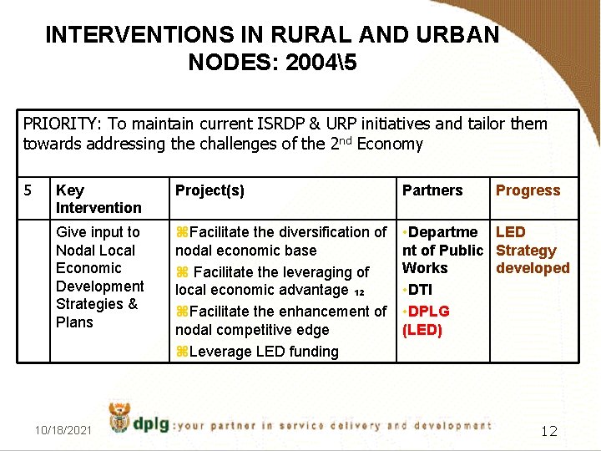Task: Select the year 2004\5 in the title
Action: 316,62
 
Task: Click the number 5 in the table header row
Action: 28,190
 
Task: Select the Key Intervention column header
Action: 98,199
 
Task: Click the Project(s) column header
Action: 210,190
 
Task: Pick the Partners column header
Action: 432,190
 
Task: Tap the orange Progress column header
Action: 528,190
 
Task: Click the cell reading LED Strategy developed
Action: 532,250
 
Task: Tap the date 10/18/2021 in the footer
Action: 63,429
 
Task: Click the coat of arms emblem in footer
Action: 120,417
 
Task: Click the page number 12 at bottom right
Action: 548,431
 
